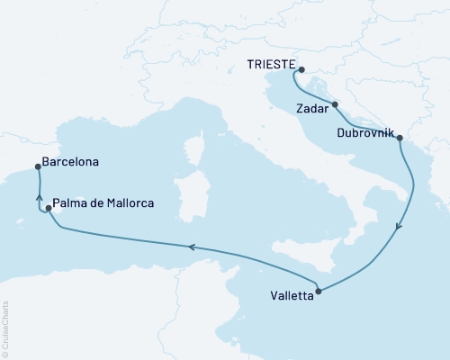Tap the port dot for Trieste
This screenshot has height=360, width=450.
[301, 70]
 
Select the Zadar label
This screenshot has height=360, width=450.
[312, 109]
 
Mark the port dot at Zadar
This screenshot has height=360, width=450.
[335, 105]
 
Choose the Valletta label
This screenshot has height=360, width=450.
[292, 294]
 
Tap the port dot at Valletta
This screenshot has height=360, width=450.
[320, 291]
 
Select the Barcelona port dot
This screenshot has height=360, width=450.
[37, 166]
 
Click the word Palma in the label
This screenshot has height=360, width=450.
[69, 203]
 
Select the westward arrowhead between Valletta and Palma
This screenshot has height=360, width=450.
[191, 245]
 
